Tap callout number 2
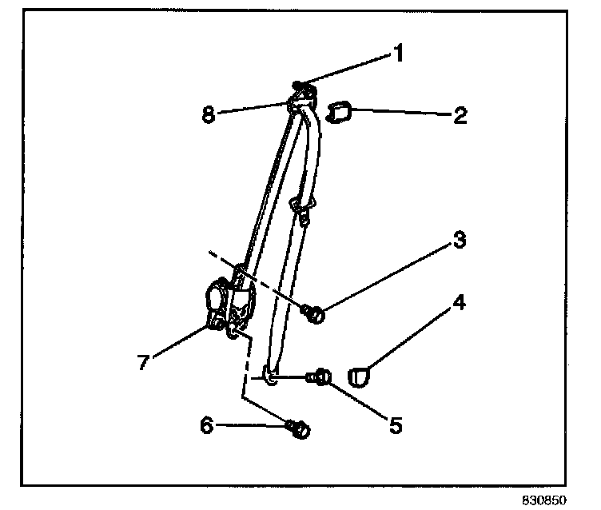460,116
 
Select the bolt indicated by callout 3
314,315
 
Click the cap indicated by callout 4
361,375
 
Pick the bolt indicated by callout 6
300,429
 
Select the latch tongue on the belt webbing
302,210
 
